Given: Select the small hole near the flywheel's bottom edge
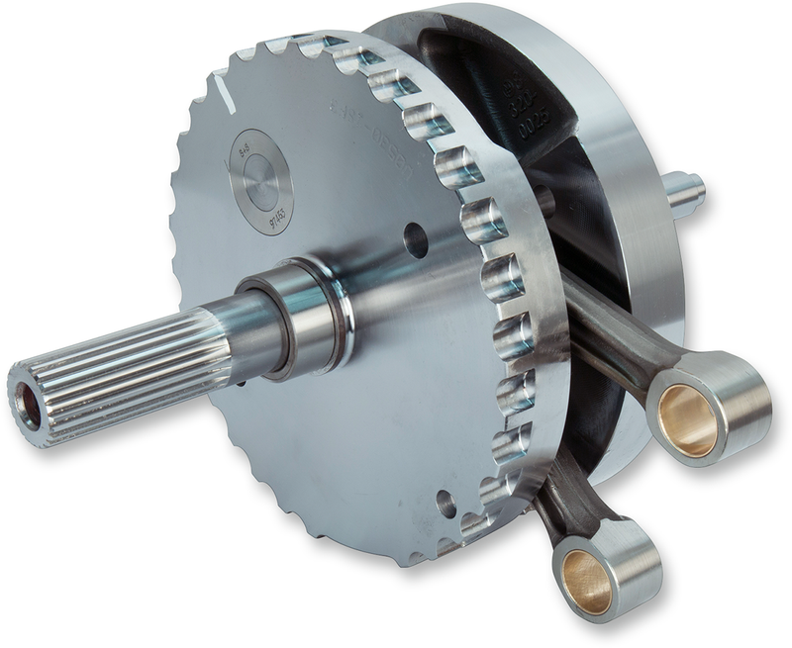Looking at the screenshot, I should point(446,504).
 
